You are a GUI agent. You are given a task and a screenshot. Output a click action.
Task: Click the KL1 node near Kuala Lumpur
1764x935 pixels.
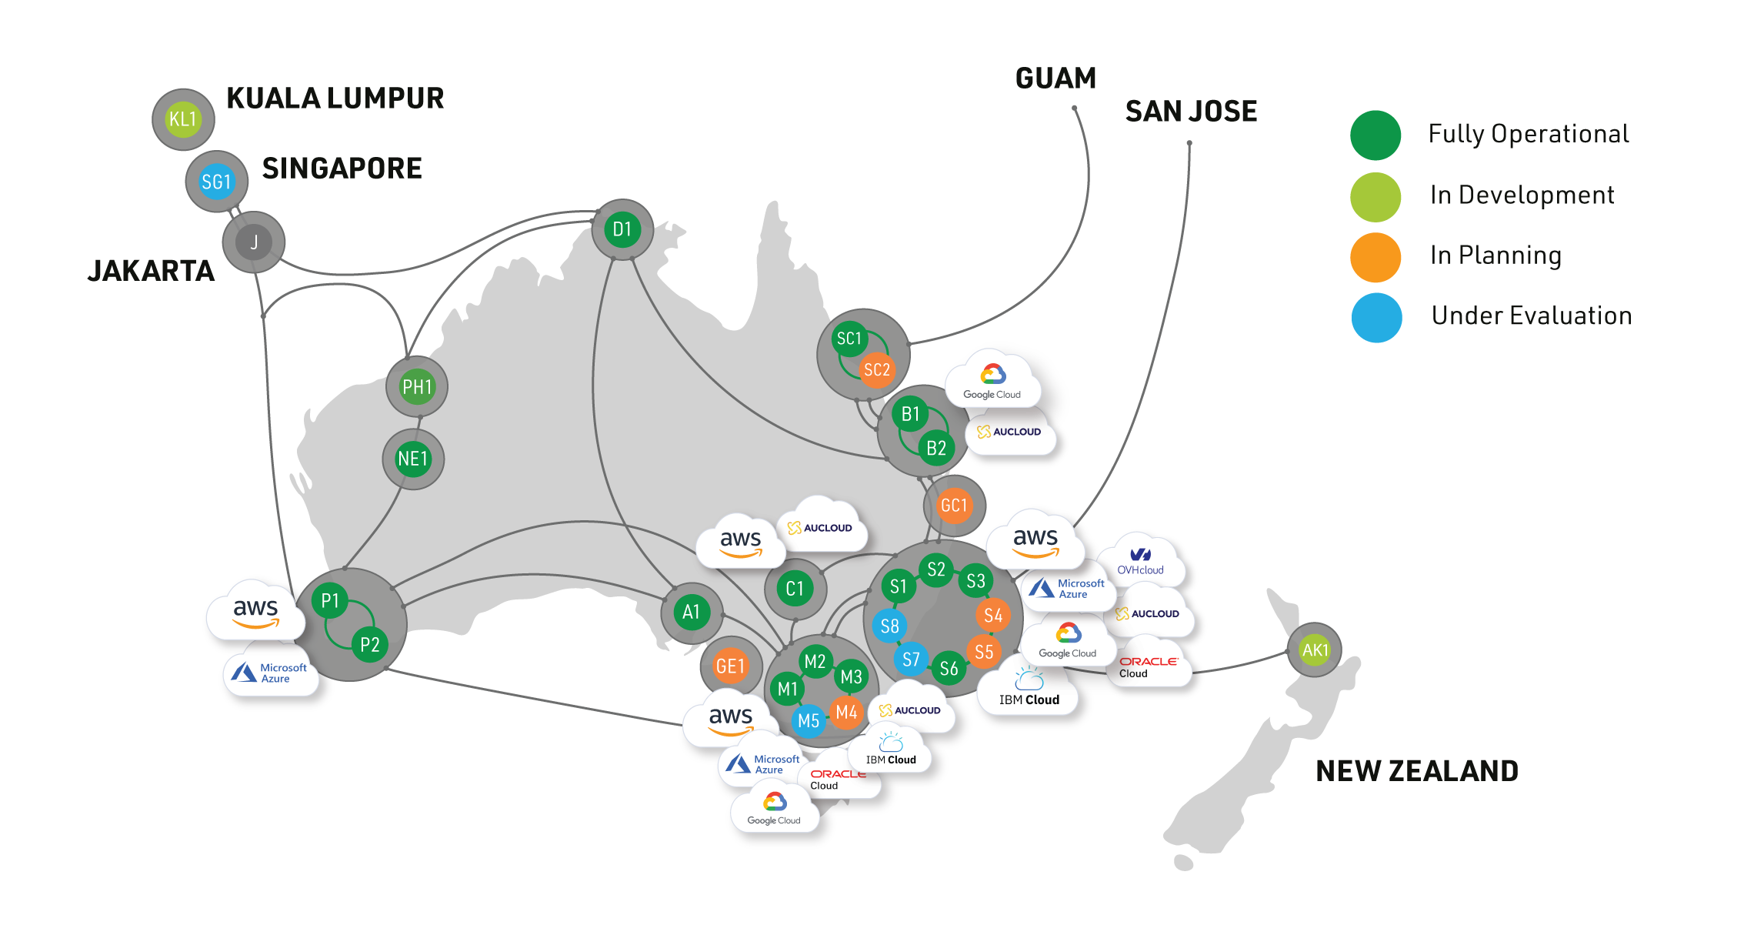click(x=183, y=119)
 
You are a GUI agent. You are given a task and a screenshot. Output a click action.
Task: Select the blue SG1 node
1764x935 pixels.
click(x=216, y=182)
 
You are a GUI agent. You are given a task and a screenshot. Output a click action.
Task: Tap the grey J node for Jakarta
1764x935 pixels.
click(x=254, y=242)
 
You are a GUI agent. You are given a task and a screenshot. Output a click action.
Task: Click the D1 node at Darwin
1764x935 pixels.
click(x=622, y=229)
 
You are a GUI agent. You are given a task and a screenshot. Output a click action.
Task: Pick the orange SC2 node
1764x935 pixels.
click(x=876, y=370)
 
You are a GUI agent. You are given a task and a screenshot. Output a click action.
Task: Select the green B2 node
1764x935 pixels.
click(x=935, y=448)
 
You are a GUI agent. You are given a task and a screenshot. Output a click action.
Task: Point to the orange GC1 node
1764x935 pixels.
click(x=954, y=506)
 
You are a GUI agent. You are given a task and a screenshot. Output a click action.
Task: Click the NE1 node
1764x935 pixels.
click(x=413, y=459)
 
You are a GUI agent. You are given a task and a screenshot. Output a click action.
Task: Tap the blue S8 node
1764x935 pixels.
click(x=889, y=626)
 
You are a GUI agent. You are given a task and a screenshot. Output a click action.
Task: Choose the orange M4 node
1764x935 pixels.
click(x=846, y=712)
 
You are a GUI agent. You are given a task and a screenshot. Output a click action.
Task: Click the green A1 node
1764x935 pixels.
click(x=692, y=612)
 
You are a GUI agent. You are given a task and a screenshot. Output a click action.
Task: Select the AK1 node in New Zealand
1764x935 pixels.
click(x=1315, y=650)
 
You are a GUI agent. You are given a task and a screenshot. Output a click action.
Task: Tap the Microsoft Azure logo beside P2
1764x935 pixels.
click(x=272, y=673)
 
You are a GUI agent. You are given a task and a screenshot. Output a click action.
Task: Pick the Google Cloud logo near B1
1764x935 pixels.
click(x=992, y=382)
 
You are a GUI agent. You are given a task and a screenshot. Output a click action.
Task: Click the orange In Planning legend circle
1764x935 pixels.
click(x=1376, y=258)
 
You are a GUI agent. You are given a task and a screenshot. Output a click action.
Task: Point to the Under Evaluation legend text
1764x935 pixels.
click(x=1531, y=316)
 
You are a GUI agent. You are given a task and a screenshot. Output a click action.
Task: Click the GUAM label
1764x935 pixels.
click(x=1055, y=78)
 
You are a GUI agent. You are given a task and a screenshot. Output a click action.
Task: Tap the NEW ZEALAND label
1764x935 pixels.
click(x=1417, y=771)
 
